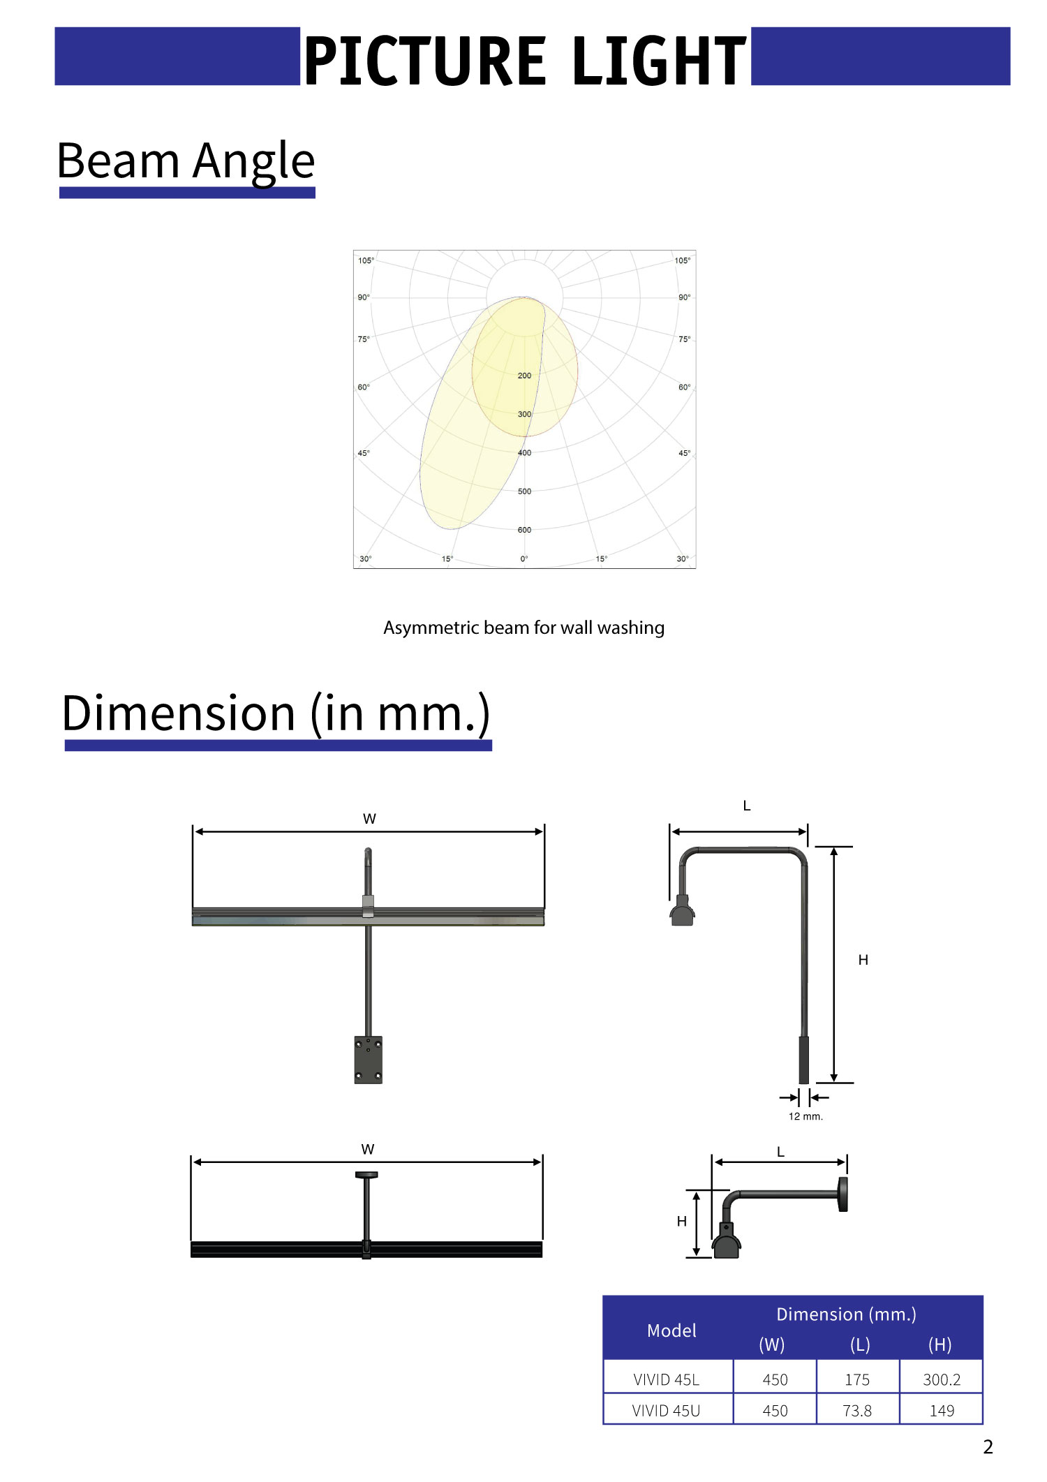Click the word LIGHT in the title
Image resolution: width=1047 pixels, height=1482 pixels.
coord(659,61)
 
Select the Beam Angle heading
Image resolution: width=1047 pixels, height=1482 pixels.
coord(186,161)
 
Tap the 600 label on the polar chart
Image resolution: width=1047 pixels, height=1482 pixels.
coord(524,530)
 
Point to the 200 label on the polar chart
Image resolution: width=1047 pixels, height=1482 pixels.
coord(524,376)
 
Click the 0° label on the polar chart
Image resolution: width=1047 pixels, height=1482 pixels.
coord(524,558)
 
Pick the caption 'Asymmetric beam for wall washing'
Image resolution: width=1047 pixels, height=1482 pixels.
coord(523,628)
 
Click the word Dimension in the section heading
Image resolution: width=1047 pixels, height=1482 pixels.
coord(179,713)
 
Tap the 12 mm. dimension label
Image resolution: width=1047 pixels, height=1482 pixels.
coord(805,1116)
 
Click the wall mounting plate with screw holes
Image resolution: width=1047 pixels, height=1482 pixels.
coord(368,1060)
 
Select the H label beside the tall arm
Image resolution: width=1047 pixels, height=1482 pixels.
coord(863,960)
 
